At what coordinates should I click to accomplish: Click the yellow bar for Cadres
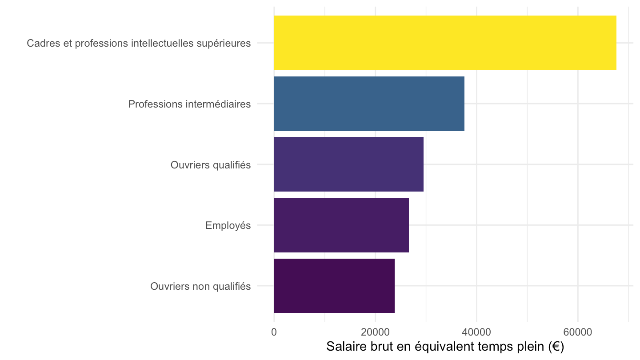(x=445, y=43)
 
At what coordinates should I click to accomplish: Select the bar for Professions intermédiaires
(x=369, y=104)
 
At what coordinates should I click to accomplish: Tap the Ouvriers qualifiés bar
(x=348, y=164)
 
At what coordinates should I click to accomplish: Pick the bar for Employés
(x=341, y=225)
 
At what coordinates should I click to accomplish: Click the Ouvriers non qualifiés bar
(x=334, y=286)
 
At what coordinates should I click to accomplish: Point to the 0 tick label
(x=274, y=332)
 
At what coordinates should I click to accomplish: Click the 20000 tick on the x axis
(x=375, y=332)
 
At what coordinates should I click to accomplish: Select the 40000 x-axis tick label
(x=476, y=332)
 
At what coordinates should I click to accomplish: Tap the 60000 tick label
(x=578, y=332)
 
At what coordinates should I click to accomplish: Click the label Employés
(x=228, y=225)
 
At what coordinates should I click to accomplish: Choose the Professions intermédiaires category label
(x=189, y=104)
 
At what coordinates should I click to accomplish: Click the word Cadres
(x=44, y=43)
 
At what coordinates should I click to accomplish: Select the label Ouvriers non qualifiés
(x=200, y=286)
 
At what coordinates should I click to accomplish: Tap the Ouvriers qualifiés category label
(x=211, y=165)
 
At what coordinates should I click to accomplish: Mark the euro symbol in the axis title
(x=556, y=347)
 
